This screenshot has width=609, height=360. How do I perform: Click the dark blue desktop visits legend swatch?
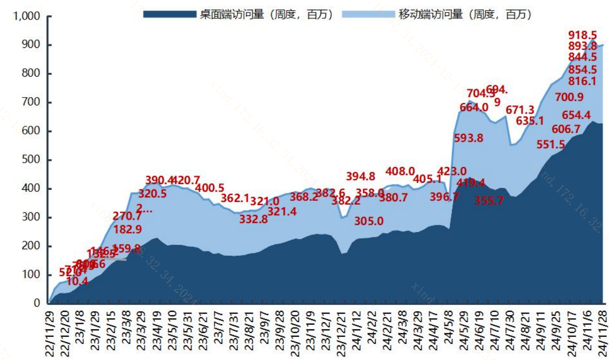[x=169, y=14]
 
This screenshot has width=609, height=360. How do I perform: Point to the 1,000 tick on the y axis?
[x=28, y=16]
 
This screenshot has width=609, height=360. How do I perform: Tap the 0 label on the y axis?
[x=37, y=304]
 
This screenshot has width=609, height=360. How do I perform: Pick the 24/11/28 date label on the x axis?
[x=603, y=333]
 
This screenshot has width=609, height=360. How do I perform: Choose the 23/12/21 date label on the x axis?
[x=342, y=333]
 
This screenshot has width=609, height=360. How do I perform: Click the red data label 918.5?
[x=582, y=35]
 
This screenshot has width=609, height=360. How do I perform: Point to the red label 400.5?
[x=210, y=188]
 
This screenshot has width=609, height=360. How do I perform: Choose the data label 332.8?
[x=253, y=219]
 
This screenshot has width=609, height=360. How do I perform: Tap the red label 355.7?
[x=489, y=200]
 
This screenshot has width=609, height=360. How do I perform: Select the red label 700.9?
[x=569, y=97]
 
